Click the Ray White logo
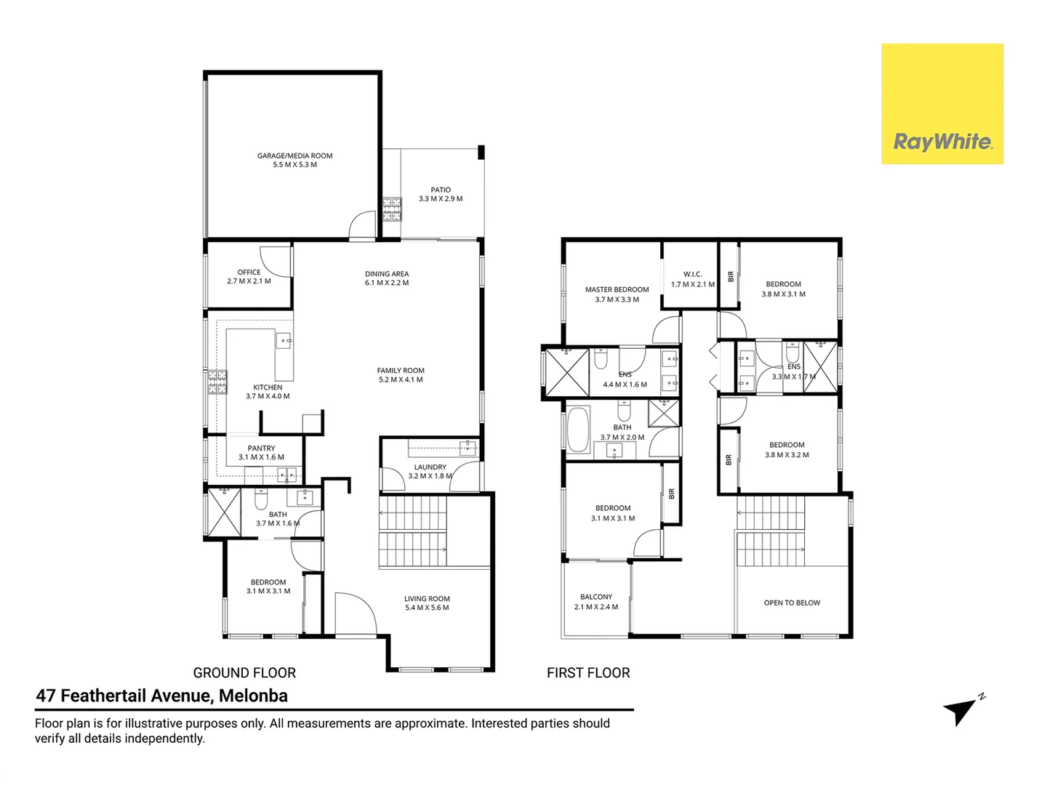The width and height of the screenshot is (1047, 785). (942, 104)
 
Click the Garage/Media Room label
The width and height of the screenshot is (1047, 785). (294, 156)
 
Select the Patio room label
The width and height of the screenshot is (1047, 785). (441, 190)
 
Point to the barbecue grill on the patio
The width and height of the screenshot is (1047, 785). (392, 209)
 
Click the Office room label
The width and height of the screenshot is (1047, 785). (249, 273)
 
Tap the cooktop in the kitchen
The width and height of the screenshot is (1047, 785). (217, 382)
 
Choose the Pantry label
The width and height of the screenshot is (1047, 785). (261, 448)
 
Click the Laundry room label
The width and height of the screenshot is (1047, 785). (430, 467)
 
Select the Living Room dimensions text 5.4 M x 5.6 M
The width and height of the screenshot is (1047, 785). (427, 608)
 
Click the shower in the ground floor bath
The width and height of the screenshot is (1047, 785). (224, 512)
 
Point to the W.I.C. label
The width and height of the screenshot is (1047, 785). (692, 275)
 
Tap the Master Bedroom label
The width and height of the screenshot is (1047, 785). (617, 289)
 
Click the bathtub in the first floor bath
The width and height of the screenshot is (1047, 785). (578, 431)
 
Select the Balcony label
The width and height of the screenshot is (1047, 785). (596, 597)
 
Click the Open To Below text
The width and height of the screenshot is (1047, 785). (792, 603)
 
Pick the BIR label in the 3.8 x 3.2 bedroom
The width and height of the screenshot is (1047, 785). (729, 459)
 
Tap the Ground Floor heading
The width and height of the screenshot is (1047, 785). (244, 673)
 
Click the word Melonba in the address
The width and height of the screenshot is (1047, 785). (253, 696)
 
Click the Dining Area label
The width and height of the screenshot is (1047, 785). (387, 274)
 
